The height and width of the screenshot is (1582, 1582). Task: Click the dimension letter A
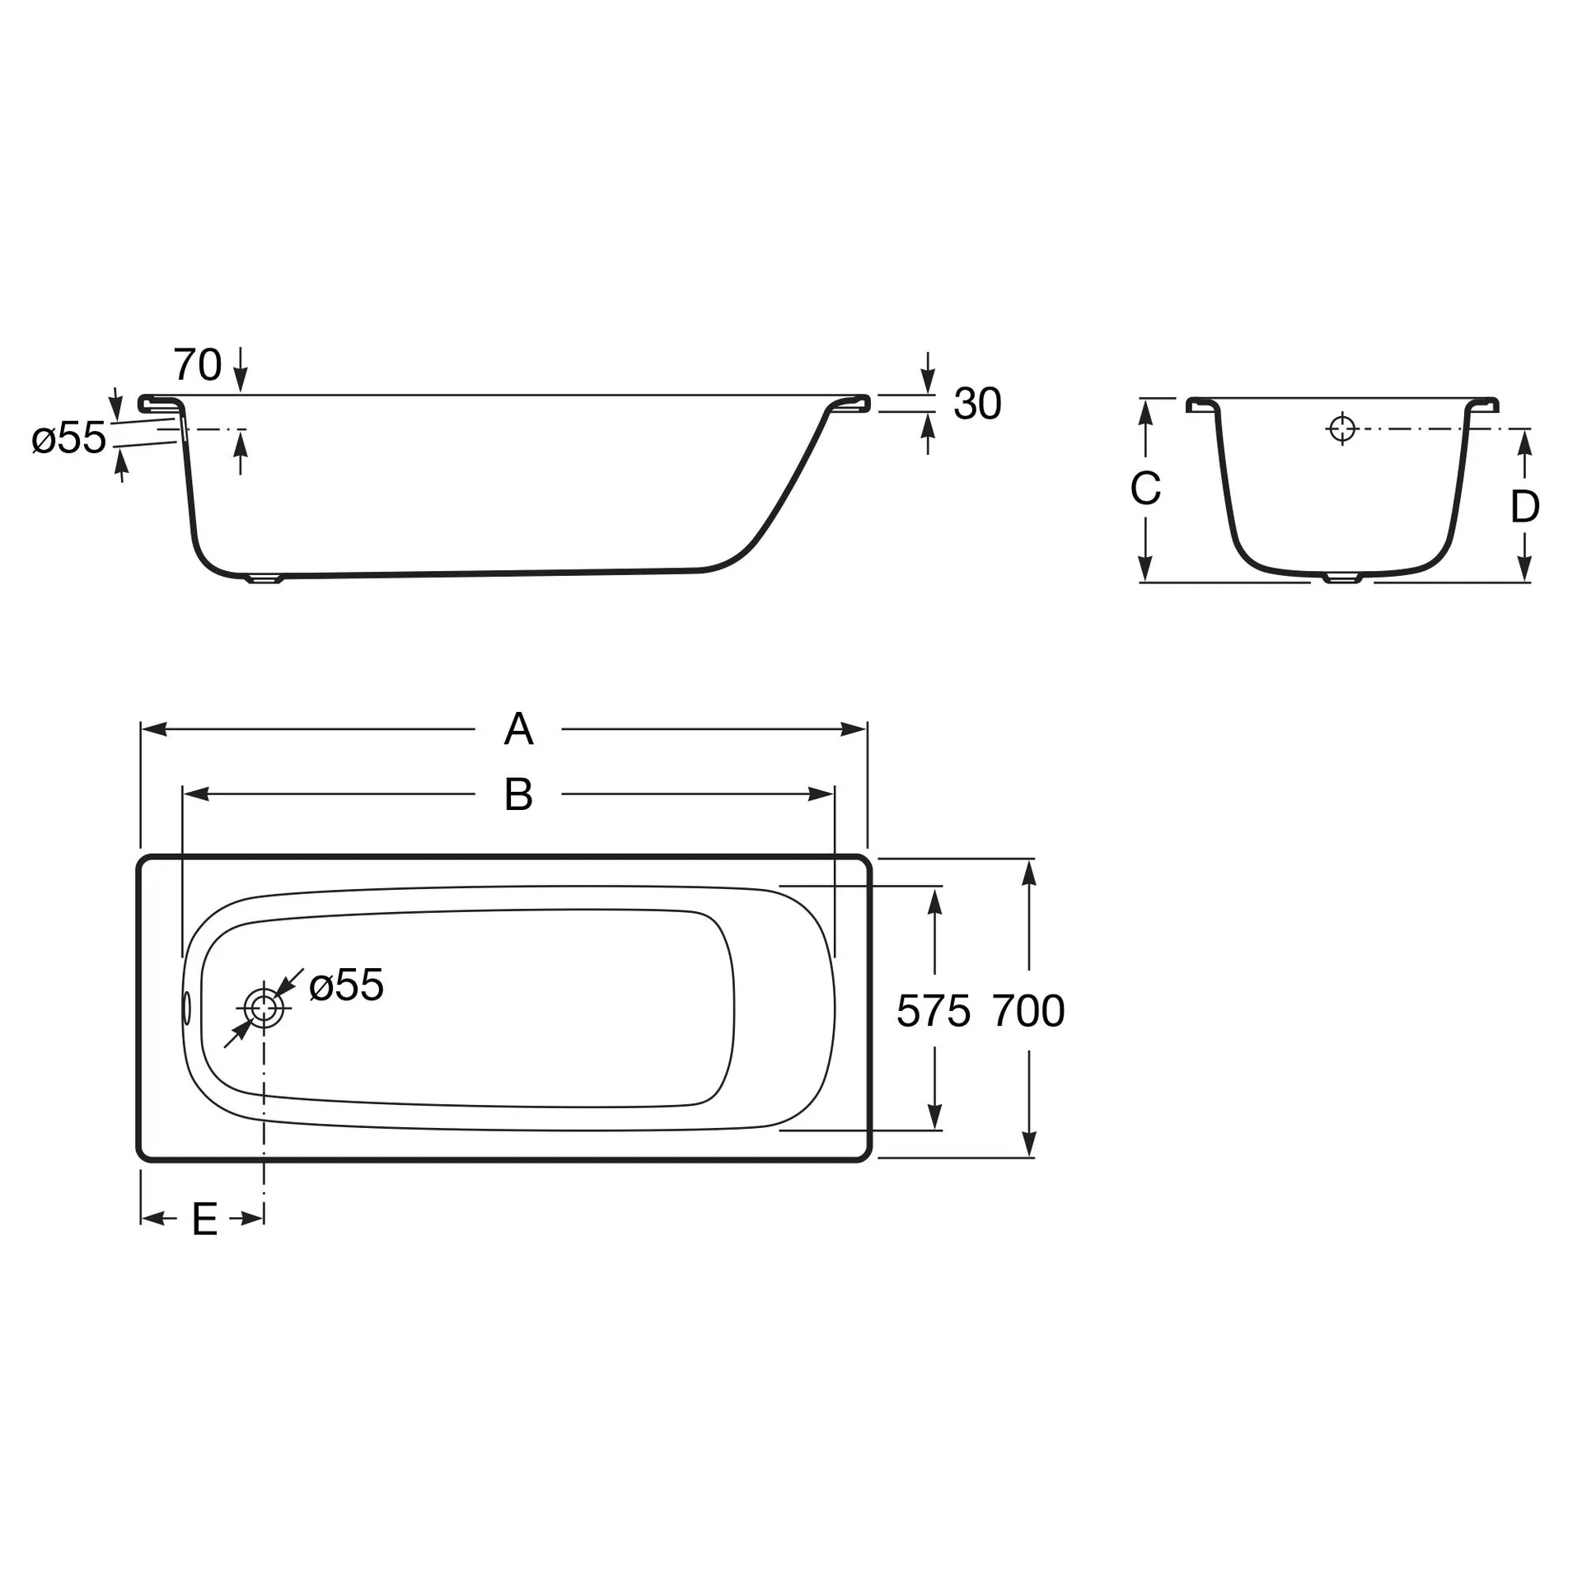point(518,729)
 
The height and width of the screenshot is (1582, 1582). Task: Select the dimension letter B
point(518,795)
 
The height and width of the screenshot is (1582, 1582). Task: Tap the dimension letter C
point(1145,489)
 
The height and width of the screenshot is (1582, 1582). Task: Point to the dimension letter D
point(1524,506)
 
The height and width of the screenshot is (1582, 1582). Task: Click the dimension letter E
point(204,1219)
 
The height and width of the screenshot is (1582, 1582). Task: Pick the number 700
point(1028,1010)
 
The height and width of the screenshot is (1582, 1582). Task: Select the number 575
point(934,1010)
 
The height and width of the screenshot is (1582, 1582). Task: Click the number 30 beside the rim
point(977,404)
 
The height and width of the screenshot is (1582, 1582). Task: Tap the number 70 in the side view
point(198,364)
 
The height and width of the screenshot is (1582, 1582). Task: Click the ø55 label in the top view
point(347,985)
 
